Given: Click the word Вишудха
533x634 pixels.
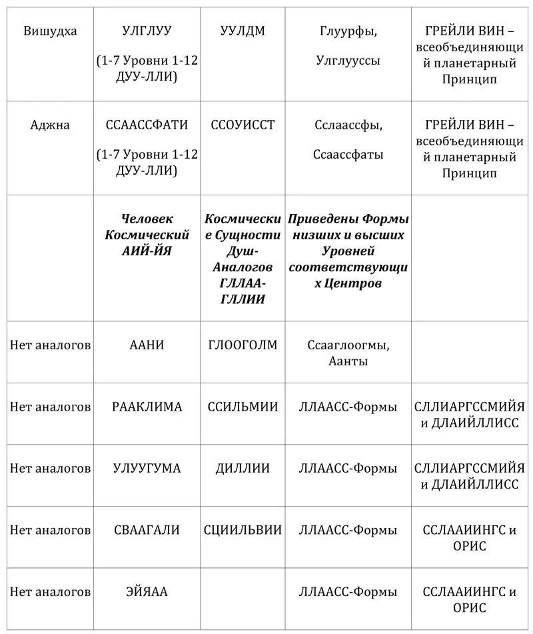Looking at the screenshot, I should coord(50,31).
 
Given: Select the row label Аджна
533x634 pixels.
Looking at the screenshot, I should coord(50,125).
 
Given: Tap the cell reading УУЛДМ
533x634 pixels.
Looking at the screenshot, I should coord(243,31).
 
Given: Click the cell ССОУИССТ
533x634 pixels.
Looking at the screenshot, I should coord(243,125).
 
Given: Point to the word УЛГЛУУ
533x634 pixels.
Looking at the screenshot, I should coord(147,31).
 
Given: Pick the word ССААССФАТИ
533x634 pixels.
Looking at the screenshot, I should coord(147,125).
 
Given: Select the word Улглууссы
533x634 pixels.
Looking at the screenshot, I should coord(348,61).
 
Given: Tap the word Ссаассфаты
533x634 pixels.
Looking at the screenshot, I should coord(348,155).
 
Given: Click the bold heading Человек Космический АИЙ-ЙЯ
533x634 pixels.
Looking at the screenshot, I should coord(147,235).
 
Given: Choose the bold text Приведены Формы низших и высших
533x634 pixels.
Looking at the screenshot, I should coord(348,227).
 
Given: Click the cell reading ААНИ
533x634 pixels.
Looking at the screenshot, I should coord(147,345).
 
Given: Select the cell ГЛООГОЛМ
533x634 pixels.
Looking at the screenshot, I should coord(243,345).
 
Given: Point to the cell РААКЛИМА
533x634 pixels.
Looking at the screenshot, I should coord(147,407).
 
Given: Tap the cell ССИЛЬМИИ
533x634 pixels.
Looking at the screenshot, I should coord(243,407).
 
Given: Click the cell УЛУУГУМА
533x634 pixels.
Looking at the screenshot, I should coord(147,468).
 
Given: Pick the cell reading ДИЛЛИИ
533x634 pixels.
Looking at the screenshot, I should coord(243,468).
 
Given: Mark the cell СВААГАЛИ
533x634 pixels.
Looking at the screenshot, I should coord(147,530).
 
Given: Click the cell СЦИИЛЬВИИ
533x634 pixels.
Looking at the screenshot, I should coord(243,530).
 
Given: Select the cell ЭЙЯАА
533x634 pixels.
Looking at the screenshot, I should coord(147,592).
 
